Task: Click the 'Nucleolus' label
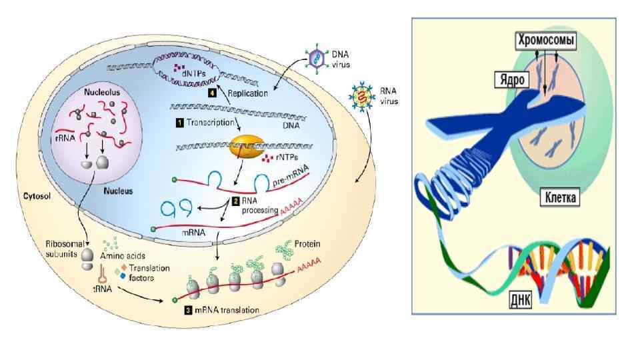coord(102,93)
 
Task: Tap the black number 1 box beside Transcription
coord(179,123)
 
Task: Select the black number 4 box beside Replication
coord(211,93)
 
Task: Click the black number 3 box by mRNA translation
coord(189,310)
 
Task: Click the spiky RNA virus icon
coord(361,97)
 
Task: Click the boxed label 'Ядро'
coord(511,79)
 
